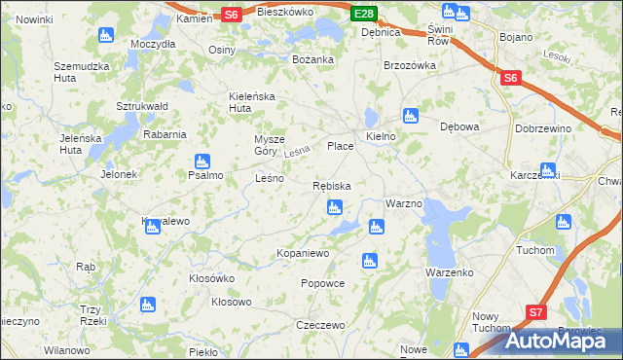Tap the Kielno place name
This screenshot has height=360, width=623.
(x=381, y=137)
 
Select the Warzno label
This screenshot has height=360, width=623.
(x=403, y=204)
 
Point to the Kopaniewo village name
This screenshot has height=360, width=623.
(x=304, y=253)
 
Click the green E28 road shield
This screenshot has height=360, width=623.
(x=364, y=14)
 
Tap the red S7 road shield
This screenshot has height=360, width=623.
(x=536, y=312)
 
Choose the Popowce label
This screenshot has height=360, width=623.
(x=323, y=283)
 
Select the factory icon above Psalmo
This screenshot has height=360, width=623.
(x=202, y=161)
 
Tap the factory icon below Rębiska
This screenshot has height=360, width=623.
(x=335, y=206)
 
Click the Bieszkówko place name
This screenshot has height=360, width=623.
(x=285, y=13)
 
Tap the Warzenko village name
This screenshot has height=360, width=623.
(x=449, y=272)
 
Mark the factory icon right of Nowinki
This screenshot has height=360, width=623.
(x=106, y=35)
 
